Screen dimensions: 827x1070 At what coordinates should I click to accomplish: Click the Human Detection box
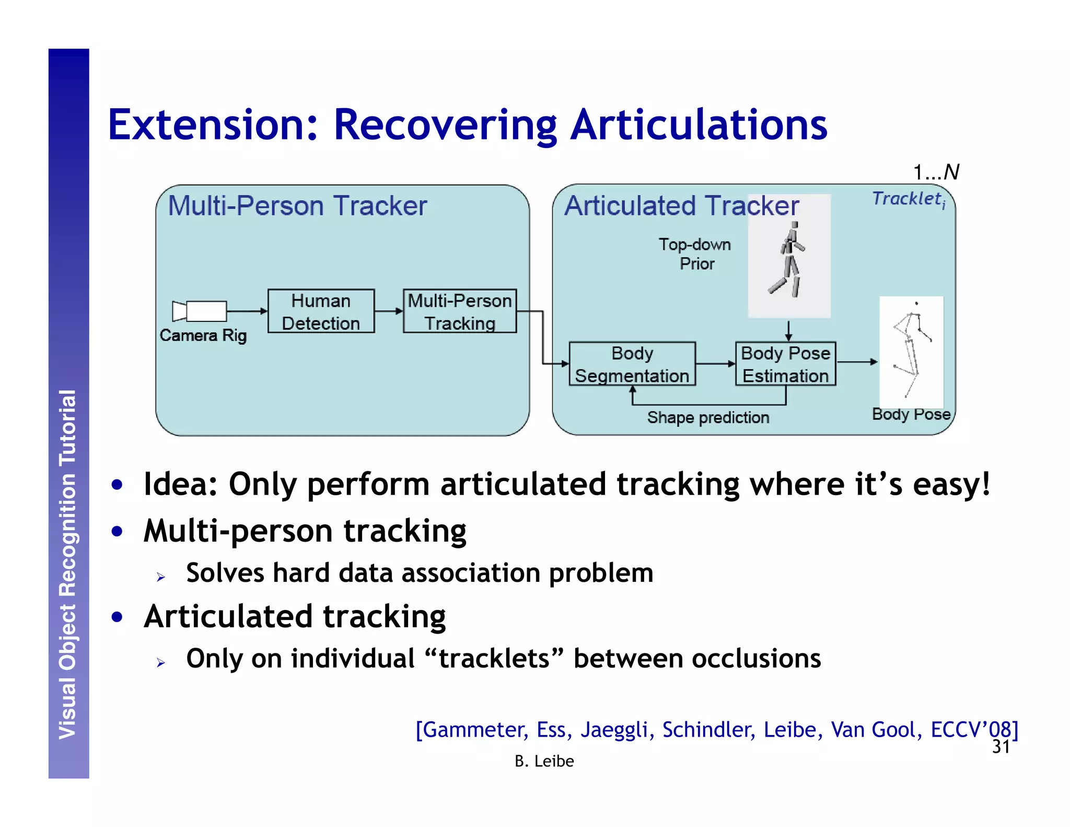pos(321,312)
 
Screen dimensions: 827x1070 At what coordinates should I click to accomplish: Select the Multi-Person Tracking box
pos(460,312)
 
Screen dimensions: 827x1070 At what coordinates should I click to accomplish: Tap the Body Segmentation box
pos(632,364)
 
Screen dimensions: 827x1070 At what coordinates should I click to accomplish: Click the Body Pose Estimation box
pos(785,364)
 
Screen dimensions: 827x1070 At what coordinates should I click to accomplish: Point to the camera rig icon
pos(200,311)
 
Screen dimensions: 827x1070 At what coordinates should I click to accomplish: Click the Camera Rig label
pos(203,335)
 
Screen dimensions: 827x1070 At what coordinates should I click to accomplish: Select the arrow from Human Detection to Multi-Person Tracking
pos(389,311)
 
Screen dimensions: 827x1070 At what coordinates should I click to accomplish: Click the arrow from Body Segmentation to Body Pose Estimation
pos(715,363)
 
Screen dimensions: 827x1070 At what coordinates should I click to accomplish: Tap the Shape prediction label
pos(708,418)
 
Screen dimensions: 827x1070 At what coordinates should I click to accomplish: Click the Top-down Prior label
pos(695,254)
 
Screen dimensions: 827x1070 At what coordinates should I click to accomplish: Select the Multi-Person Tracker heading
pos(297,205)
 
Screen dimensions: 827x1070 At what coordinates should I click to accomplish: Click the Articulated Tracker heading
pos(681,205)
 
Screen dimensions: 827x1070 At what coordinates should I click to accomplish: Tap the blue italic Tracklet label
pos(908,199)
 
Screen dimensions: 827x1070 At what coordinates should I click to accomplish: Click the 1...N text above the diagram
pos(936,172)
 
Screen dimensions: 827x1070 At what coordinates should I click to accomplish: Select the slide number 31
pos(1001,747)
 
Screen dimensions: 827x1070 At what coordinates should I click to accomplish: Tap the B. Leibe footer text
pos(544,761)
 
